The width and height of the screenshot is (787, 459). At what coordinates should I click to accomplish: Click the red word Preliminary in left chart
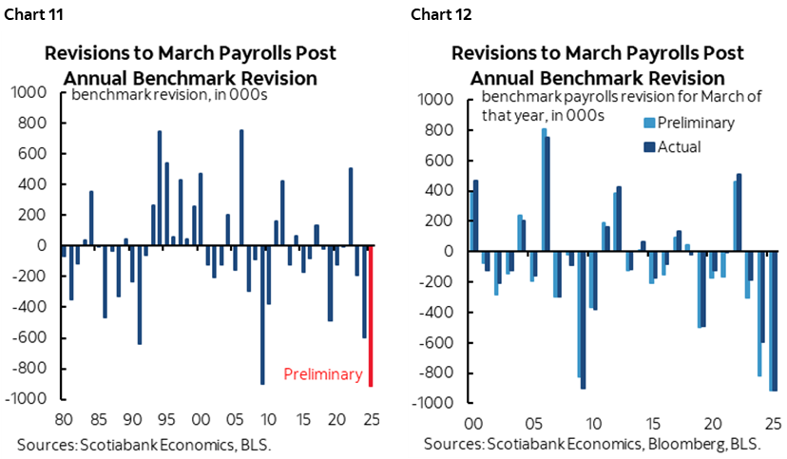pyautogui.click(x=323, y=374)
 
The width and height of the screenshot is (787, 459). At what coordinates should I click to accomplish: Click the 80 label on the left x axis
pyautogui.click(x=65, y=419)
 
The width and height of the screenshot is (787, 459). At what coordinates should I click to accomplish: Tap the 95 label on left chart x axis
pyautogui.click(x=165, y=419)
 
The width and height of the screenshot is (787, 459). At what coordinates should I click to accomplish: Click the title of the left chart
pyautogui.click(x=190, y=65)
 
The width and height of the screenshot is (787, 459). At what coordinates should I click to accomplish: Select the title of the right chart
pyautogui.click(x=598, y=65)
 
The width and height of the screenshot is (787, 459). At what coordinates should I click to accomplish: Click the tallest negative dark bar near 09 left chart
pyautogui.click(x=262, y=314)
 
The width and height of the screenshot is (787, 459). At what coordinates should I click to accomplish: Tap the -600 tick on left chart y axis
pyautogui.click(x=31, y=337)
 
